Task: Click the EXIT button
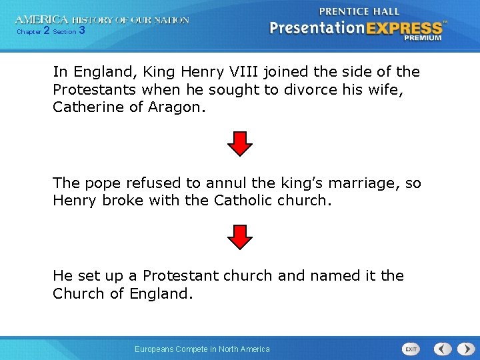pos(411,349)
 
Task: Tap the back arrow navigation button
pos(443,349)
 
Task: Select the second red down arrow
pos(240,237)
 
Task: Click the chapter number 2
pos(46,31)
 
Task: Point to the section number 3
pos(81,31)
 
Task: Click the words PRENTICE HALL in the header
pos(359,11)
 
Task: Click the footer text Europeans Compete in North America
pos(202,349)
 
